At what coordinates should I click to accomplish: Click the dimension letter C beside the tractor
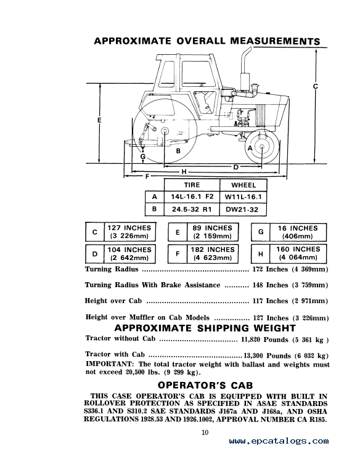(x=316, y=86)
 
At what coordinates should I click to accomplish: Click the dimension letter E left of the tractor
(x=99, y=120)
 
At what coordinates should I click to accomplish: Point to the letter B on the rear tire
(x=178, y=151)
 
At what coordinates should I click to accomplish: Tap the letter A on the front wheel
(x=250, y=148)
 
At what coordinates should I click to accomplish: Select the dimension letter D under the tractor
(x=235, y=167)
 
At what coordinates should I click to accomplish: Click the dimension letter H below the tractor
(x=184, y=172)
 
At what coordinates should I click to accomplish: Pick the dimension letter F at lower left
(x=147, y=176)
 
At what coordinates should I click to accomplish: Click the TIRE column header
(x=192, y=185)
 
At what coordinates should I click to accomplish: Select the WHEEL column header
(x=243, y=185)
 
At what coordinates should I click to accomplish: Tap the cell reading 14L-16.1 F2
(x=192, y=197)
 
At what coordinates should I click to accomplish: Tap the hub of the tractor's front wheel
(x=262, y=147)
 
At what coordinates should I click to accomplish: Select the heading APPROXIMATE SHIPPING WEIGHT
(x=205, y=328)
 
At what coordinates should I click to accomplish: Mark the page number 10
(x=205, y=433)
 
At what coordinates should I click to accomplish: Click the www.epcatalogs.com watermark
(x=279, y=441)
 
